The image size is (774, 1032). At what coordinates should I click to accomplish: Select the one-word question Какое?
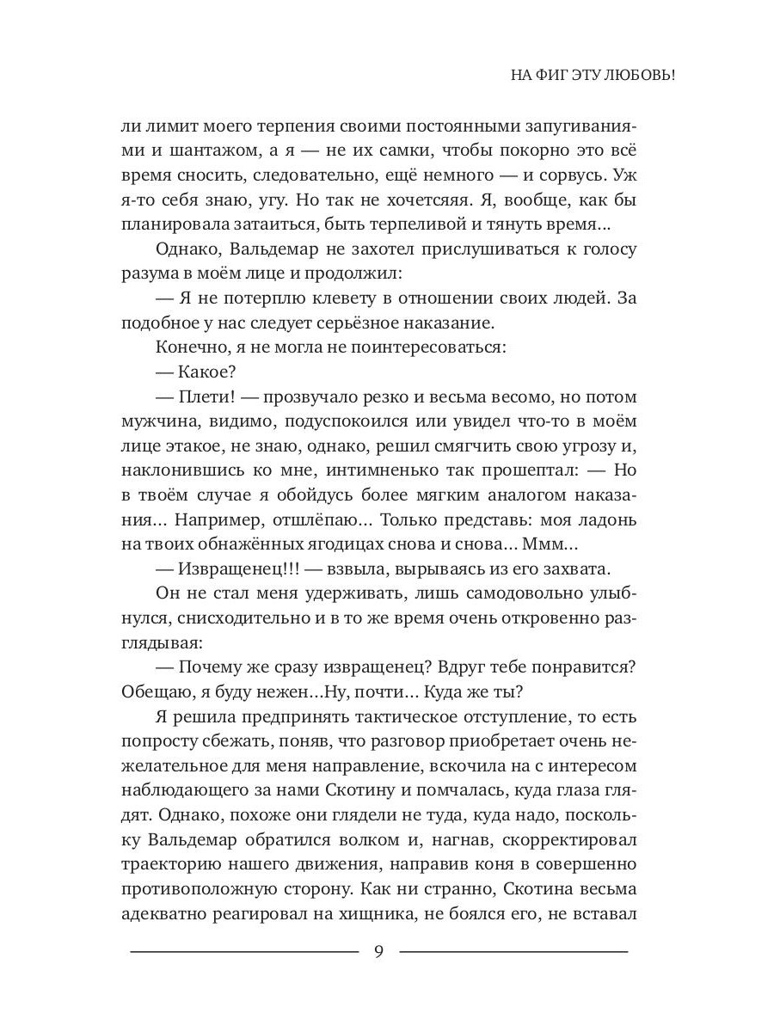[206, 372]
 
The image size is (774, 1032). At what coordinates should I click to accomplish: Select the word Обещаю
[155, 694]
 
